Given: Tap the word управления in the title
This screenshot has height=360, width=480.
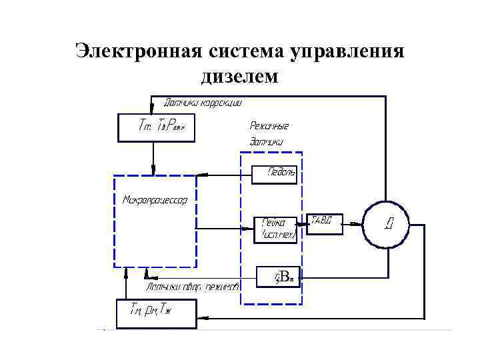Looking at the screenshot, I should tap(347, 51).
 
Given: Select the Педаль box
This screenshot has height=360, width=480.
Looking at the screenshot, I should tap(274, 175).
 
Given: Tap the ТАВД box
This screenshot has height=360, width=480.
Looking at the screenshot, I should tap(324, 224).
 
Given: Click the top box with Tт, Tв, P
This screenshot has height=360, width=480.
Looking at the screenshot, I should tap(156, 127).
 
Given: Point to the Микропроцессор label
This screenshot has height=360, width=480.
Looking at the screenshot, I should tap(155, 199).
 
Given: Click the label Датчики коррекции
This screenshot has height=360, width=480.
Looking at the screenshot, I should tap(203, 103).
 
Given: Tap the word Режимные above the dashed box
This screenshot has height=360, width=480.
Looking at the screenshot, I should tap(269, 125).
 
